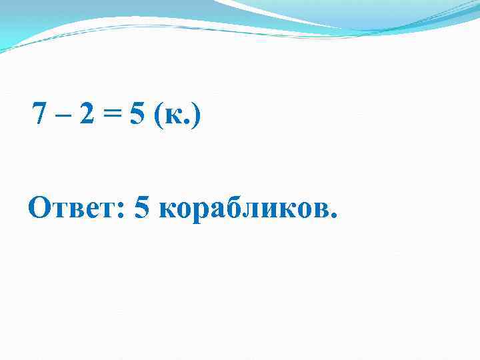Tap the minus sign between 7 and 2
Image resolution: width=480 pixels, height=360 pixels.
(x=63, y=119)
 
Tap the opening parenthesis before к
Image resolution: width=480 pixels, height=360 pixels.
(x=157, y=118)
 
